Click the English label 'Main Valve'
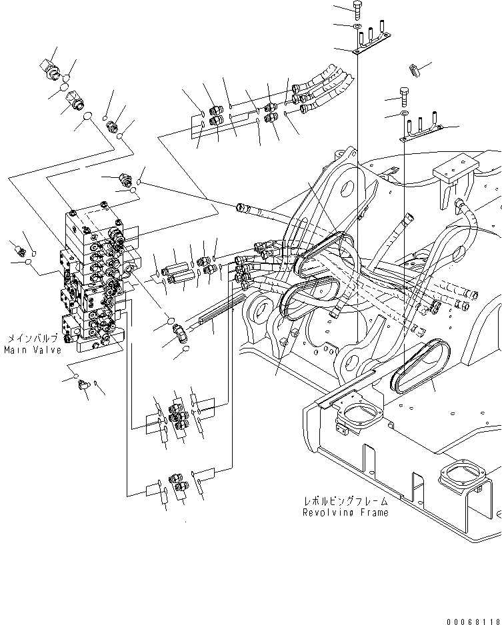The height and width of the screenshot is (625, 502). pos(32,350)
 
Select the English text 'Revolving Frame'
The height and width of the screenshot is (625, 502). pos(345,512)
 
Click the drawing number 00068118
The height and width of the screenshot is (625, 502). pos(473,619)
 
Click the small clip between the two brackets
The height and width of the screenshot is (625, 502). pos(413,69)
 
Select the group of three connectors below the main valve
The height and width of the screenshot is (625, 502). pos(177,414)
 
